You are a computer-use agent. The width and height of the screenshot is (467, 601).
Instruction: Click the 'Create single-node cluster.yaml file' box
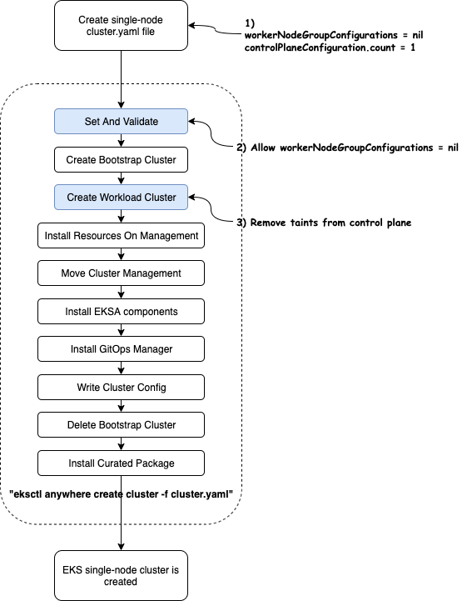[121, 25]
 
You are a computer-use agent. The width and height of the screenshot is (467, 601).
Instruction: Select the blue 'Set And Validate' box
[121, 121]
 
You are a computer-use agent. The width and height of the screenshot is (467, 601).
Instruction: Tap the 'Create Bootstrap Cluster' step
[121, 159]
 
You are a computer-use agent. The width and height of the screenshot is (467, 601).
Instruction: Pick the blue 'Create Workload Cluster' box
[121, 197]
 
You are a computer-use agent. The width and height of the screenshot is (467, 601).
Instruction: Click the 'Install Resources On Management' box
[121, 235]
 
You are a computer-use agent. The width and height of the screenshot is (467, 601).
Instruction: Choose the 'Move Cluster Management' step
[121, 273]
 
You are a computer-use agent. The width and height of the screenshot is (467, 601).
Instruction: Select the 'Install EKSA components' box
[121, 311]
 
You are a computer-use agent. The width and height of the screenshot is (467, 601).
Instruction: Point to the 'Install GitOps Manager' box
[121, 348]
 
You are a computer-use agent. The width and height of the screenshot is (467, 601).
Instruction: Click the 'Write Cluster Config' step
[121, 387]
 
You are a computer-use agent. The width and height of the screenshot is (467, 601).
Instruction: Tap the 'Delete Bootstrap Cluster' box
[121, 424]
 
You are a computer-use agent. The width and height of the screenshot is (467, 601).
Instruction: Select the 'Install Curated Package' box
[121, 463]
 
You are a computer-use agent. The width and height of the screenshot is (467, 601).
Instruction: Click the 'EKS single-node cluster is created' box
[121, 576]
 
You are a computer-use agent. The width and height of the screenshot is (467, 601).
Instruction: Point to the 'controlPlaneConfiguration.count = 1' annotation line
[330, 48]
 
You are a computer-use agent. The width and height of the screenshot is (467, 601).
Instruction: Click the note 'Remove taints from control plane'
[330, 223]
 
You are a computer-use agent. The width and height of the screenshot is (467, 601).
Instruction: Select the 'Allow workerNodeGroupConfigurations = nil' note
[355, 148]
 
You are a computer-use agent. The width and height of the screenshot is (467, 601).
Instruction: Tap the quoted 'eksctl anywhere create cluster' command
[121, 494]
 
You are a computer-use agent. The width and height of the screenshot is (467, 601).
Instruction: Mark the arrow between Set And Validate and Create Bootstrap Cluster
[121, 140]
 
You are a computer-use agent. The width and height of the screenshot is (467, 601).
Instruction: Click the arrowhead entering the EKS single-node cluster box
[121, 546]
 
